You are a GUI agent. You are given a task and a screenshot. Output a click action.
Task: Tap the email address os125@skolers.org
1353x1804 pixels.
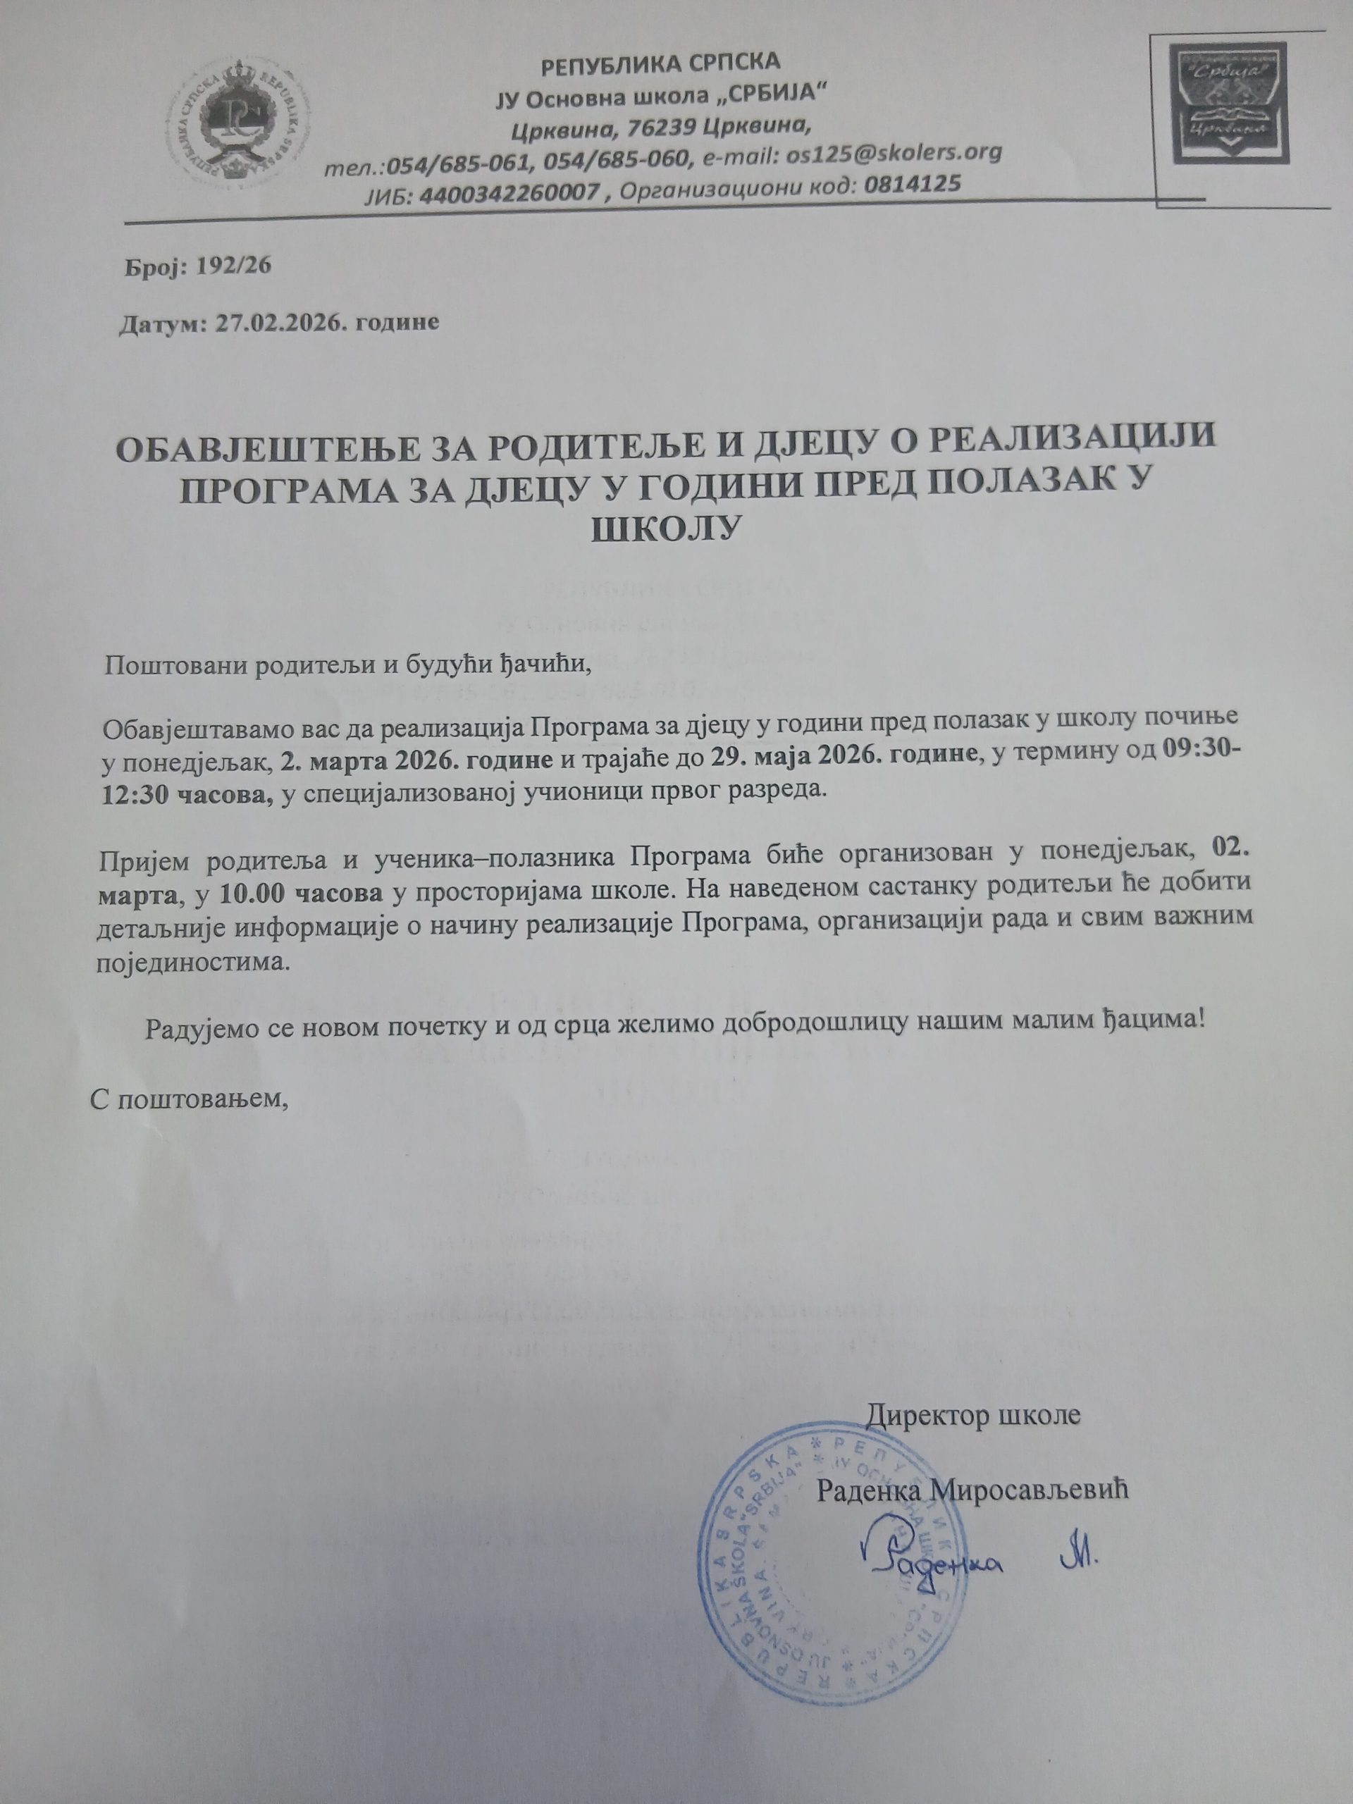(x=894, y=154)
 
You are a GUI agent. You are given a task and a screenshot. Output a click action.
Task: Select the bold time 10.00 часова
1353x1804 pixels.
(x=301, y=892)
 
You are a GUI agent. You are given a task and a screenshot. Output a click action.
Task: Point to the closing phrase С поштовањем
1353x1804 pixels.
(x=190, y=1100)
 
